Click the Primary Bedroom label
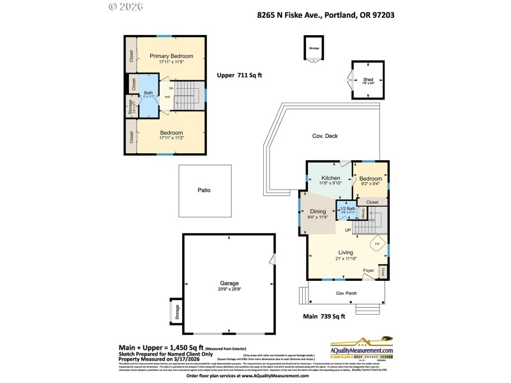(x=171, y=56)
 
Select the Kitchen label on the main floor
(x=330, y=177)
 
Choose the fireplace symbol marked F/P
(x=377, y=244)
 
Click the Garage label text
(x=229, y=283)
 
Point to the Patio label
(x=204, y=190)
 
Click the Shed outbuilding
(x=369, y=80)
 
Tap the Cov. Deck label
(x=325, y=136)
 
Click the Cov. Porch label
(x=346, y=293)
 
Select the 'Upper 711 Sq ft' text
(x=240, y=75)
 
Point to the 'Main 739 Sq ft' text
(x=324, y=316)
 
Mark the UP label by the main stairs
(x=347, y=229)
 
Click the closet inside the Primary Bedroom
(x=130, y=56)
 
